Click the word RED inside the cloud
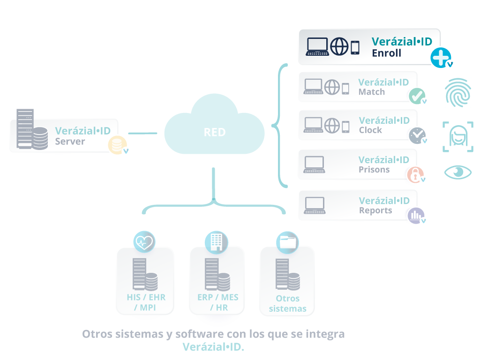point(215,132)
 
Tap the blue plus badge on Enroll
point(441,58)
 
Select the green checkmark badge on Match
point(417,96)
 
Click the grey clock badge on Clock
point(417,135)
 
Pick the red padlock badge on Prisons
point(415,175)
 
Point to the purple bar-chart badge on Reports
point(416,216)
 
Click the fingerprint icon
point(458,92)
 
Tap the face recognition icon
point(458,136)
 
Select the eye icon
point(458,172)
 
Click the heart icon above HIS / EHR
point(144,242)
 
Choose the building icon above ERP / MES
point(217,242)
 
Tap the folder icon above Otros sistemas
point(287,242)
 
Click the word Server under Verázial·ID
point(70,142)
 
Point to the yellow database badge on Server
point(117,145)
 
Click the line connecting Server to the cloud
point(142,133)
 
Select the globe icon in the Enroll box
point(339,46)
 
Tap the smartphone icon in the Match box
point(345,89)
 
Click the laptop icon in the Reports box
point(315,205)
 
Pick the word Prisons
point(374,170)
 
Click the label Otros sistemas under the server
point(287,303)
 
